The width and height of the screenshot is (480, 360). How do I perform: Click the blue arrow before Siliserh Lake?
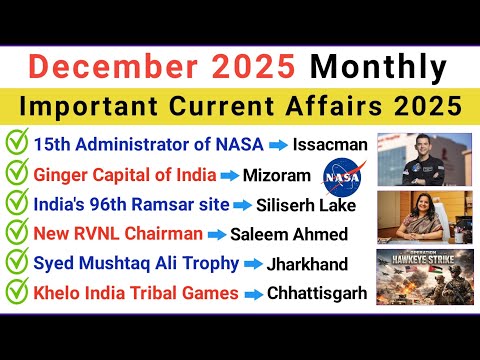pyautogui.click(x=242, y=206)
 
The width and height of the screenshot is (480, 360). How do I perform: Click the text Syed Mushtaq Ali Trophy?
pyautogui.click(x=136, y=264)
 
